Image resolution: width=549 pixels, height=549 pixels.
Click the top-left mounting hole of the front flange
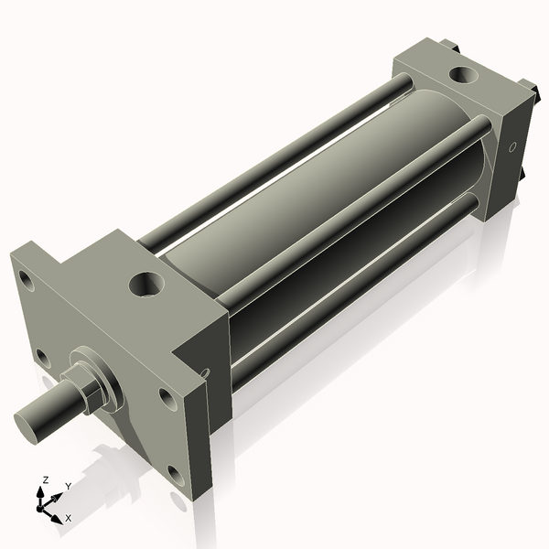(x=26, y=274)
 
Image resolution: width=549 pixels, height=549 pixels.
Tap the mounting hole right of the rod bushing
(x=166, y=397)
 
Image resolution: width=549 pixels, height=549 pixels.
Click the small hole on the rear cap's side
(x=512, y=146)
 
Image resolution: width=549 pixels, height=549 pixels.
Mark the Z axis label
(x=45, y=479)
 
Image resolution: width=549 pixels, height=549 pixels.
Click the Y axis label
(x=68, y=486)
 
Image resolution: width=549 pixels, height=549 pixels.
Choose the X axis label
(x=68, y=518)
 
